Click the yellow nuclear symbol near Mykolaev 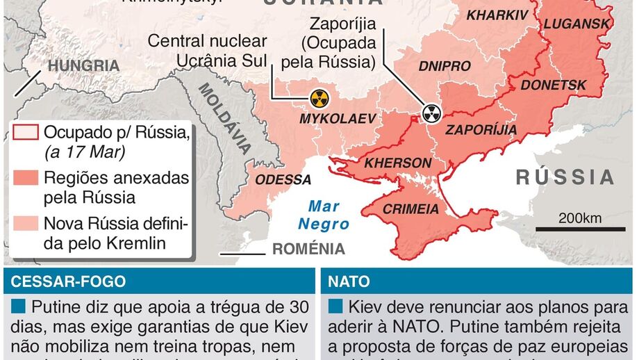[x=319, y=98]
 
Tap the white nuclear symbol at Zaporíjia [x=432, y=112]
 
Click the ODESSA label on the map [x=283, y=180]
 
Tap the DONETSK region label [x=554, y=85]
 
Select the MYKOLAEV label [x=337, y=120]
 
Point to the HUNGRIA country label [x=83, y=66]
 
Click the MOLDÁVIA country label [x=224, y=118]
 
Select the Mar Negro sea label [x=324, y=215]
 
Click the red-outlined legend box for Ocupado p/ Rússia [x=26, y=131]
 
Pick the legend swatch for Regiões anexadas [x=26, y=178]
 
